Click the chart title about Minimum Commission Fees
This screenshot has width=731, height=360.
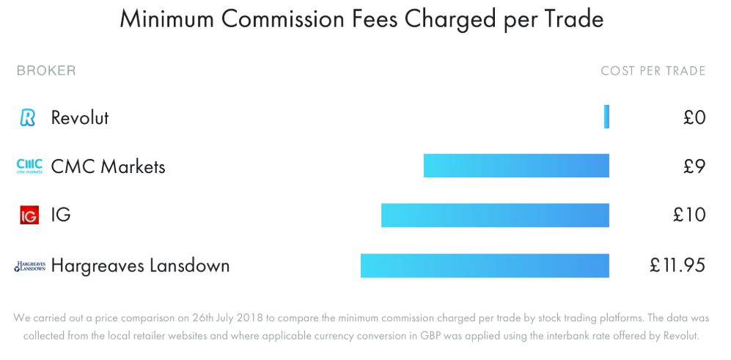click(x=361, y=20)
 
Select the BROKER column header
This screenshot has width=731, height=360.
click(x=46, y=71)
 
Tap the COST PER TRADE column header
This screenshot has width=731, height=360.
click(x=653, y=71)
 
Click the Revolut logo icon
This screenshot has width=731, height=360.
click(x=28, y=117)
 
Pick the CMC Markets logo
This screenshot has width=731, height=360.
click(x=29, y=166)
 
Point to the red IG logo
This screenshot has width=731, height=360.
click(x=29, y=216)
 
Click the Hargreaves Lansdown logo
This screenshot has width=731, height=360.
click(x=29, y=266)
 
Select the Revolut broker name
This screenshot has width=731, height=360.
click(x=80, y=117)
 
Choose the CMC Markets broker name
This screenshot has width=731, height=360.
click(x=108, y=166)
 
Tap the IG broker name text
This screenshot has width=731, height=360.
click(x=61, y=216)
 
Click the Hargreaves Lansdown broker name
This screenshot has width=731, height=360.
click(x=140, y=265)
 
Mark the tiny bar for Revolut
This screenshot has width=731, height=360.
click(x=606, y=117)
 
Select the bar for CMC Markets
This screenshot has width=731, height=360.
click(x=516, y=166)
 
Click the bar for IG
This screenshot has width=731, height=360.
click(x=495, y=216)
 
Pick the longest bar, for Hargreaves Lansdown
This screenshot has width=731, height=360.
click(x=485, y=265)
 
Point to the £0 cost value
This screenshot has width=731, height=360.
click(x=694, y=117)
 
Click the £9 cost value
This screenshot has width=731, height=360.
click(x=694, y=166)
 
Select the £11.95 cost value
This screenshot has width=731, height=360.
click(x=677, y=265)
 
